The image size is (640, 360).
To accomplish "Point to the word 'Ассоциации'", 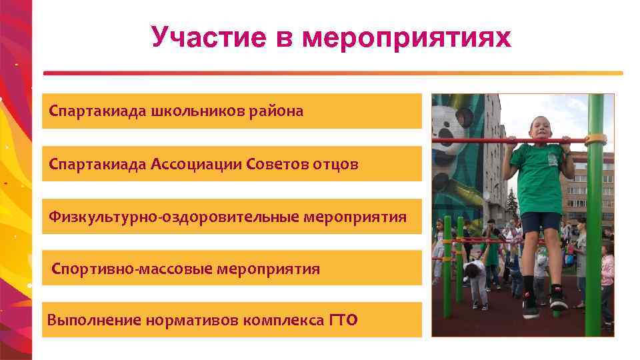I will (197, 164).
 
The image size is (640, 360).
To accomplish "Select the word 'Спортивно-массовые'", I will (133, 269).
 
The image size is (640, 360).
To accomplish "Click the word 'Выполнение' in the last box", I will (85, 320).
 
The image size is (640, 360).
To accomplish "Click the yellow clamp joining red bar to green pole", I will (595, 140).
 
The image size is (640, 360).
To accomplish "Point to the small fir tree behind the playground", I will (512, 200).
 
